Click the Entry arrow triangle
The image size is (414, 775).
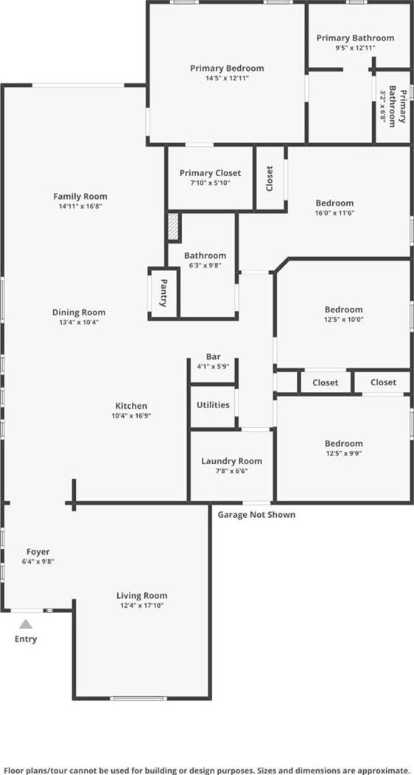point(27,624)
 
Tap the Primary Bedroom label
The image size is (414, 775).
point(227,69)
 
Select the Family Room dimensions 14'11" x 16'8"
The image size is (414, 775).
point(80,206)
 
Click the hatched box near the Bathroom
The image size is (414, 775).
point(173,226)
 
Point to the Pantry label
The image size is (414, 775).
point(164,292)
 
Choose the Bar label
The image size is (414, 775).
point(214,357)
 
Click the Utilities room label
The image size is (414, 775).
point(213,404)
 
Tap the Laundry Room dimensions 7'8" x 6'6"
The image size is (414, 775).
point(231,471)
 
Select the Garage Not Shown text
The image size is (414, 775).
point(257,514)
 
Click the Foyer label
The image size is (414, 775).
point(38,552)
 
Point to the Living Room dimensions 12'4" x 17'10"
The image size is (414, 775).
point(141,606)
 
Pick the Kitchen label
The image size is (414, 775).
point(131,406)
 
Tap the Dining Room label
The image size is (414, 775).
point(79,312)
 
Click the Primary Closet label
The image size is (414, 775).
point(210,173)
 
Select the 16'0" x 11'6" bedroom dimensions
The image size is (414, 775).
point(334,213)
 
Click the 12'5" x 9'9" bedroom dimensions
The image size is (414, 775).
point(343,453)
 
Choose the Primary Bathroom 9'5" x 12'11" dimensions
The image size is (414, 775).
point(355,48)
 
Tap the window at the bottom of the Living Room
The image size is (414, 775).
point(138,698)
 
